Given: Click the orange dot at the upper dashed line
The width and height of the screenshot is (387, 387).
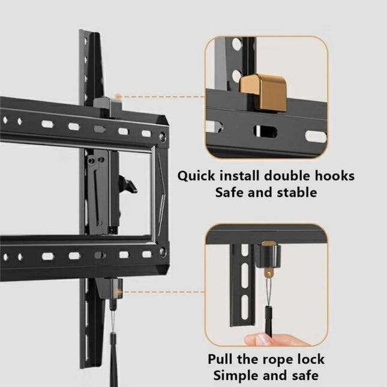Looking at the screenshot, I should [x=119, y=96].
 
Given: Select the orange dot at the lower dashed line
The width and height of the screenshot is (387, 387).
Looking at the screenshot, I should [x=119, y=292].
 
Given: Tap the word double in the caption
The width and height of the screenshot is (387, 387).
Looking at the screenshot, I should [x=285, y=176].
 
